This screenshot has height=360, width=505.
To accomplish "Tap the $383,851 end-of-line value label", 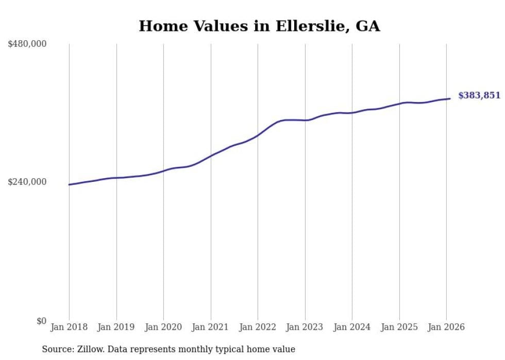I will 479,95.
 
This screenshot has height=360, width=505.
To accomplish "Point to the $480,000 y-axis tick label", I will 27,44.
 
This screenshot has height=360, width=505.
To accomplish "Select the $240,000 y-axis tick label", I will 27,182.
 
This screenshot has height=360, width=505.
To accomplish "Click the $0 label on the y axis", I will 41,321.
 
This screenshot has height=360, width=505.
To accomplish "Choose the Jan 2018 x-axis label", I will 69,327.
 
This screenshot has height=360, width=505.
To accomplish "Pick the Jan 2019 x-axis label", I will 116,327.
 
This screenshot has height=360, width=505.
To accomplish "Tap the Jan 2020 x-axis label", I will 163,327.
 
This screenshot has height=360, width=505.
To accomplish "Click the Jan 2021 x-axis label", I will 210,327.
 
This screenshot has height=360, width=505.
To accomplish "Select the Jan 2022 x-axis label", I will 258,327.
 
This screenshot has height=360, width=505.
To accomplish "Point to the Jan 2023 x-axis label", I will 305,327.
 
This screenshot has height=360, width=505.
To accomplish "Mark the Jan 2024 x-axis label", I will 352,327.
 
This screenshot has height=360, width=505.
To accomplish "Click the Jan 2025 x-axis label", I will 399,327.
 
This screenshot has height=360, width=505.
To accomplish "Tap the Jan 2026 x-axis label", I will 446,327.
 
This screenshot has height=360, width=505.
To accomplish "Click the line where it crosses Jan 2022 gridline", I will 258,135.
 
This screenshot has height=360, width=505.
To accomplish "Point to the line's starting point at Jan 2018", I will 69,184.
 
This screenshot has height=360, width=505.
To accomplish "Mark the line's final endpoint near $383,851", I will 450,98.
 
